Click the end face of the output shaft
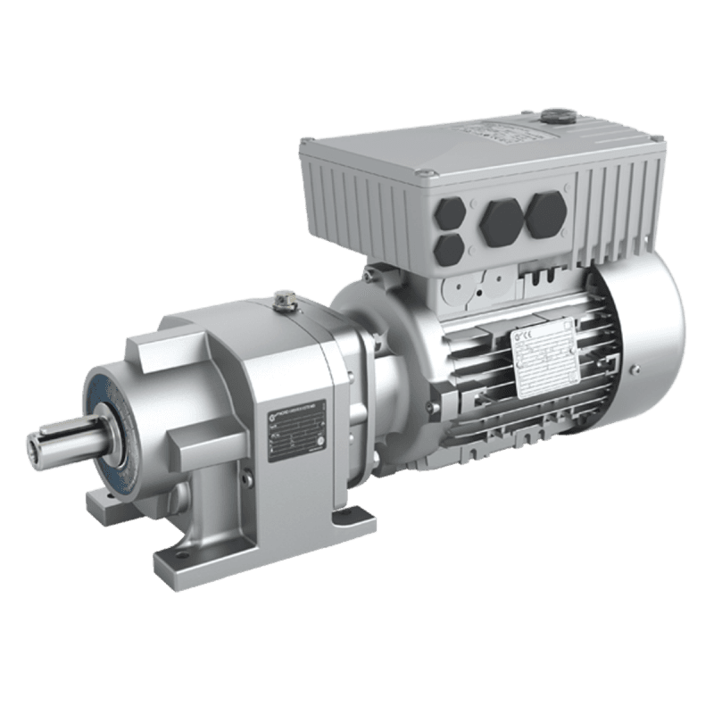pyautogui.click(x=36, y=444)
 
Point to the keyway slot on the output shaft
pyautogui.click(x=55, y=436)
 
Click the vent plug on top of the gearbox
pyautogui.click(x=285, y=303)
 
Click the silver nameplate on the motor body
pyautogui.click(x=539, y=358)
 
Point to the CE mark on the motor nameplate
pyautogui.click(x=524, y=337)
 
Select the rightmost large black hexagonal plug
pyautogui.click(x=544, y=212)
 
